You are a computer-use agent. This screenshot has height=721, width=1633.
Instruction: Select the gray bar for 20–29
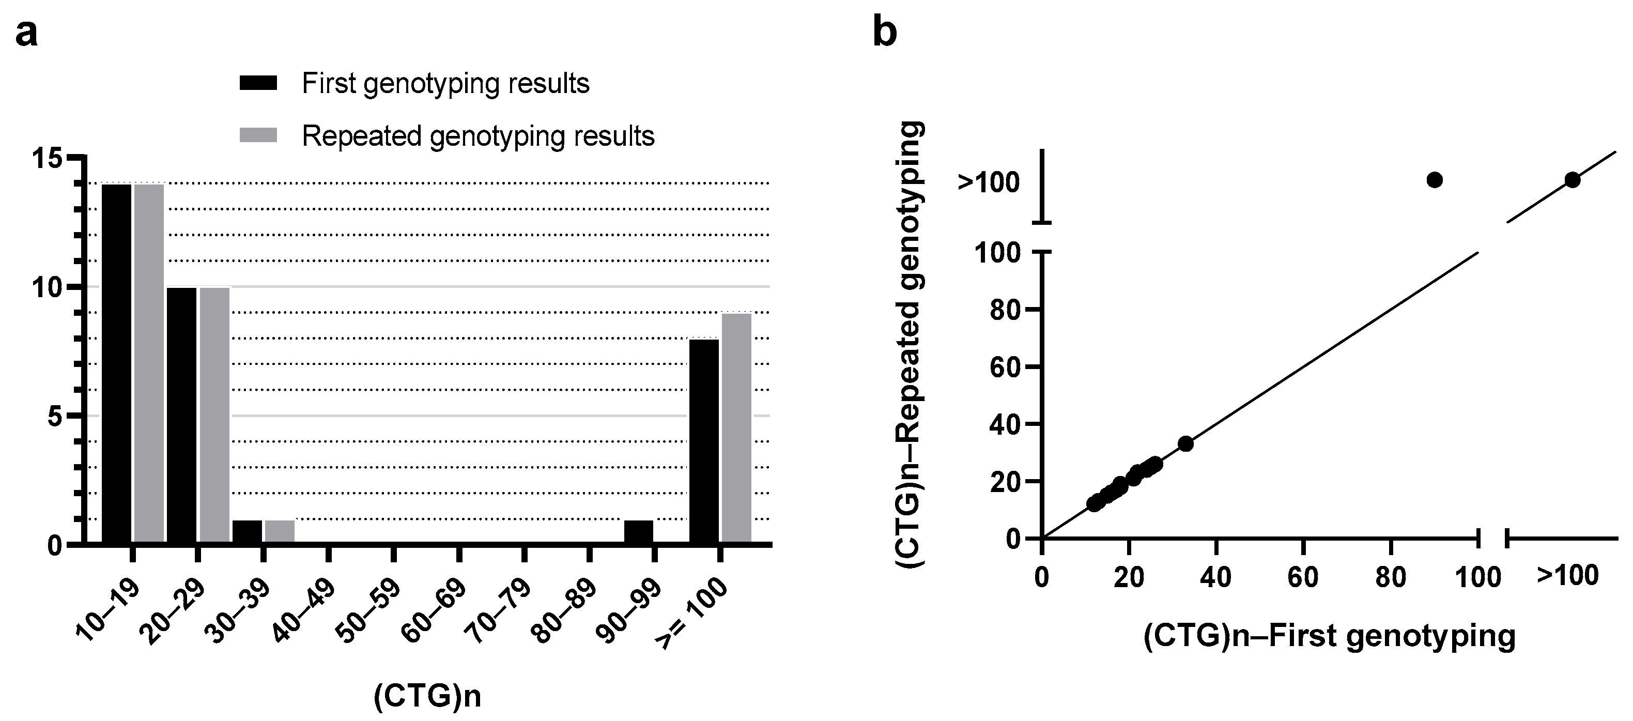(214, 416)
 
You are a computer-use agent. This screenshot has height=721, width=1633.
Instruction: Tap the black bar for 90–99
(638, 531)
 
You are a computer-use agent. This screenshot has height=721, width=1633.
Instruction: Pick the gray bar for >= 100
(736, 428)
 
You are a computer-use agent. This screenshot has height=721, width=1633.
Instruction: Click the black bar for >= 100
(704, 441)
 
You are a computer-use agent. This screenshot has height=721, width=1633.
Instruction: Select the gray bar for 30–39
(280, 531)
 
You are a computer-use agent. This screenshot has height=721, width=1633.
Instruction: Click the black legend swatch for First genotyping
(258, 83)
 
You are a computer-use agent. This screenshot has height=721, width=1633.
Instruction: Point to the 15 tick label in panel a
(48, 158)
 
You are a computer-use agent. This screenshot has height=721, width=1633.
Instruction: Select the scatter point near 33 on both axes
(1185, 443)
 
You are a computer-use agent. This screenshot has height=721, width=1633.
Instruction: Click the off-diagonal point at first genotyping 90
(1435, 180)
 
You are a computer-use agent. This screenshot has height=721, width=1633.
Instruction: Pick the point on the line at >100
(1572, 180)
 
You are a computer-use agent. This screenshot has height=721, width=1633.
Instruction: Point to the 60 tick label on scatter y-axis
(1004, 367)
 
